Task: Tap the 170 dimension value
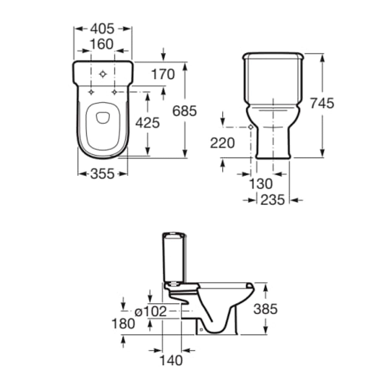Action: click(163, 74)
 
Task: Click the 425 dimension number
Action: click(147, 123)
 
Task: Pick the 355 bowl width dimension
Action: click(102, 173)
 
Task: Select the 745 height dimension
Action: click(322, 103)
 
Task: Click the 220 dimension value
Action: click(222, 143)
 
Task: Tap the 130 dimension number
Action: click(261, 184)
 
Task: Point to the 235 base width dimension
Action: click(273, 200)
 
